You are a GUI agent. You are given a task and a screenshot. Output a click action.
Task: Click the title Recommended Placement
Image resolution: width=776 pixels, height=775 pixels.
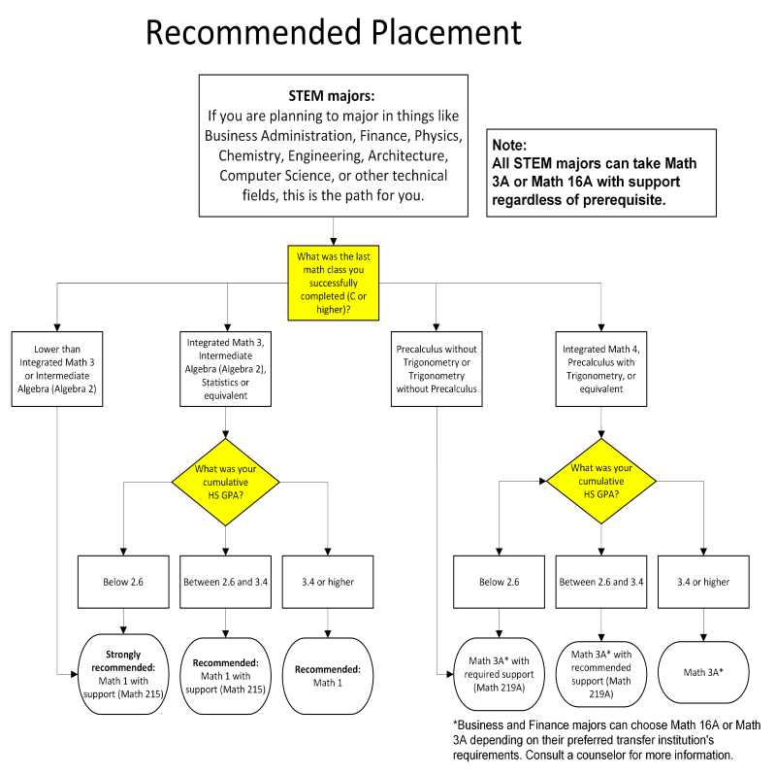(x=333, y=33)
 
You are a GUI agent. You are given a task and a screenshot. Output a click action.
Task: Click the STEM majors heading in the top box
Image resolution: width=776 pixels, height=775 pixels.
(x=332, y=95)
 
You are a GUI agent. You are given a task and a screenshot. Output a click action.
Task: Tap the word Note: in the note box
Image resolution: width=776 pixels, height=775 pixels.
(x=509, y=145)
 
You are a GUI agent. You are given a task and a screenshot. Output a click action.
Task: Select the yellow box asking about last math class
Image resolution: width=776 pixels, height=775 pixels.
(x=334, y=283)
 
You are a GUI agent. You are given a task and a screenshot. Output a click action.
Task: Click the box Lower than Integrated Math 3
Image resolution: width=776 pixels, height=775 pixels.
(x=57, y=369)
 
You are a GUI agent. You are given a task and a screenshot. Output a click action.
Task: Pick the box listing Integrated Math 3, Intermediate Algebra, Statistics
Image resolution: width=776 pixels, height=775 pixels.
(x=226, y=369)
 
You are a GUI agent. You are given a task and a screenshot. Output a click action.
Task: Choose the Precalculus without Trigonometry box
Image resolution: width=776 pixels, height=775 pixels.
(x=436, y=369)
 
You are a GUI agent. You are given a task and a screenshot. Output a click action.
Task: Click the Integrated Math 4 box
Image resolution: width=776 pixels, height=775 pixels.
(x=601, y=369)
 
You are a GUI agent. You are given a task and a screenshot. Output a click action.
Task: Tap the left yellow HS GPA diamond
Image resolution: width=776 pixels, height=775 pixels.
(x=226, y=482)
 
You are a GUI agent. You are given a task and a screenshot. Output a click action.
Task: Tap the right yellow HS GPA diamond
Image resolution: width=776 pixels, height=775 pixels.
(x=601, y=481)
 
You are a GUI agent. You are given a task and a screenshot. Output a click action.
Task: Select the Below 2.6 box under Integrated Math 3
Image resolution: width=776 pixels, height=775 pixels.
(x=123, y=583)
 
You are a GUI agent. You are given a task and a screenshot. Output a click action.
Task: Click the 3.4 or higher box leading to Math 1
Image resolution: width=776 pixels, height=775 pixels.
(x=328, y=583)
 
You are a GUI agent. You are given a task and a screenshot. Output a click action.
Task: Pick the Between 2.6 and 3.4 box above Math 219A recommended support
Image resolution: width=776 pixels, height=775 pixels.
(x=601, y=583)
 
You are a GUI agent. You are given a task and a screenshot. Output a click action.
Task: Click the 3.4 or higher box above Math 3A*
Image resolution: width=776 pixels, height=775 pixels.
(x=703, y=583)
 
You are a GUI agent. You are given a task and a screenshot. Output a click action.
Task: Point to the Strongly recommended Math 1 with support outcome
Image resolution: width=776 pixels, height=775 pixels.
(x=123, y=674)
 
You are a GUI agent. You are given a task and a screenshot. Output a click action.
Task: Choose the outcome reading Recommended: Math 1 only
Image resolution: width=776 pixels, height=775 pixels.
(x=328, y=676)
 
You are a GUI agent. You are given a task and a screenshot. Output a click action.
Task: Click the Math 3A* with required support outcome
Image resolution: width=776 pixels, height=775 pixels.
(x=499, y=674)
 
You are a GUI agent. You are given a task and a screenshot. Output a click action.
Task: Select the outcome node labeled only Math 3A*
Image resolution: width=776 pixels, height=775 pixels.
(x=703, y=672)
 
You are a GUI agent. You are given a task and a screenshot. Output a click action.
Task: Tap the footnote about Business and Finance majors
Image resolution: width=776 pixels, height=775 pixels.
(x=607, y=740)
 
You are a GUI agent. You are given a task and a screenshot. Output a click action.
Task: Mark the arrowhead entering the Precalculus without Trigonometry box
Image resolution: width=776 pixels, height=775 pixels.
(x=436, y=327)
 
